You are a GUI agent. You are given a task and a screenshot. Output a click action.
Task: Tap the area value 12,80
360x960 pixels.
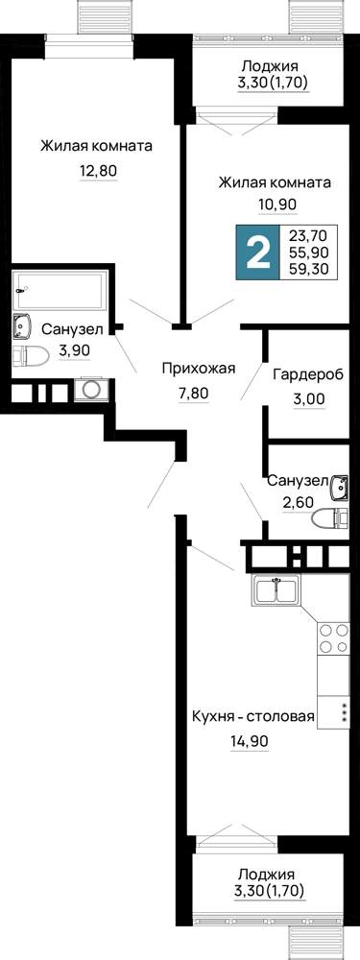click(x=97, y=171)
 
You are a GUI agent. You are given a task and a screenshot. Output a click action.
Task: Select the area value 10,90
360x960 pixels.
click(x=277, y=205)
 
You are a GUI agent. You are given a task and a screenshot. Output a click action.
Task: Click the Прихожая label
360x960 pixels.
click(x=199, y=368)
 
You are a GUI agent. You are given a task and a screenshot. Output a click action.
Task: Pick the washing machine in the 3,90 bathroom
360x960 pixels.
click(x=92, y=390)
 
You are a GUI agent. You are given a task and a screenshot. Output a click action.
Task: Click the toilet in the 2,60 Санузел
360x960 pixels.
click(x=329, y=519)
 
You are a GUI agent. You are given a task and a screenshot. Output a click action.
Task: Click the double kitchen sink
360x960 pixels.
click(x=276, y=590)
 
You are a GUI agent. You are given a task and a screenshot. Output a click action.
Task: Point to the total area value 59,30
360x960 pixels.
click(x=312, y=268)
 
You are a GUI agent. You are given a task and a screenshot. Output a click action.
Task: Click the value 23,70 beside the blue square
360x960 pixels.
click(x=312, y=234)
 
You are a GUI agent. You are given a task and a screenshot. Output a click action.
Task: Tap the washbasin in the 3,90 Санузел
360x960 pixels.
click(x=23, y=327)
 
